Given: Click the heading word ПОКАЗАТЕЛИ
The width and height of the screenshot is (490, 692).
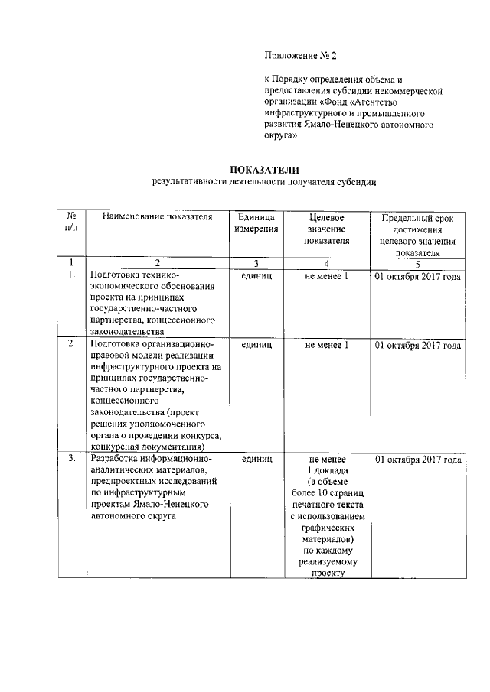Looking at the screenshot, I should pos(264,169).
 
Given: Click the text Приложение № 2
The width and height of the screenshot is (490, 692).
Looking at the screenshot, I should pos(300,56).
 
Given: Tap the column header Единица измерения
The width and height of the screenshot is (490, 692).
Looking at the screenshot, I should pos(256,223).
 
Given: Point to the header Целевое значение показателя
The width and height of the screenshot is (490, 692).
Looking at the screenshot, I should pos(326,229).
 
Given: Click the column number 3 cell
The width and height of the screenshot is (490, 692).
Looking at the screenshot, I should pos(256,263).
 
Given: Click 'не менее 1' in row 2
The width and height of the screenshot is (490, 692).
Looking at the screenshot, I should pos(326,345).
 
